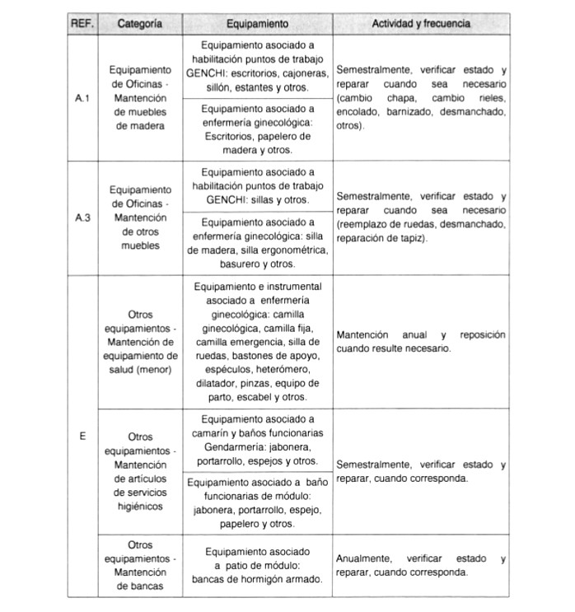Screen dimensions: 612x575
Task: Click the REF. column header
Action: coord(82,24)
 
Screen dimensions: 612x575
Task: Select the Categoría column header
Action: coord(138,24)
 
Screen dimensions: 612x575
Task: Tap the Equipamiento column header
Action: coord(258,24)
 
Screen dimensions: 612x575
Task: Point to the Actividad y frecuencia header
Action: coord(421,24)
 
